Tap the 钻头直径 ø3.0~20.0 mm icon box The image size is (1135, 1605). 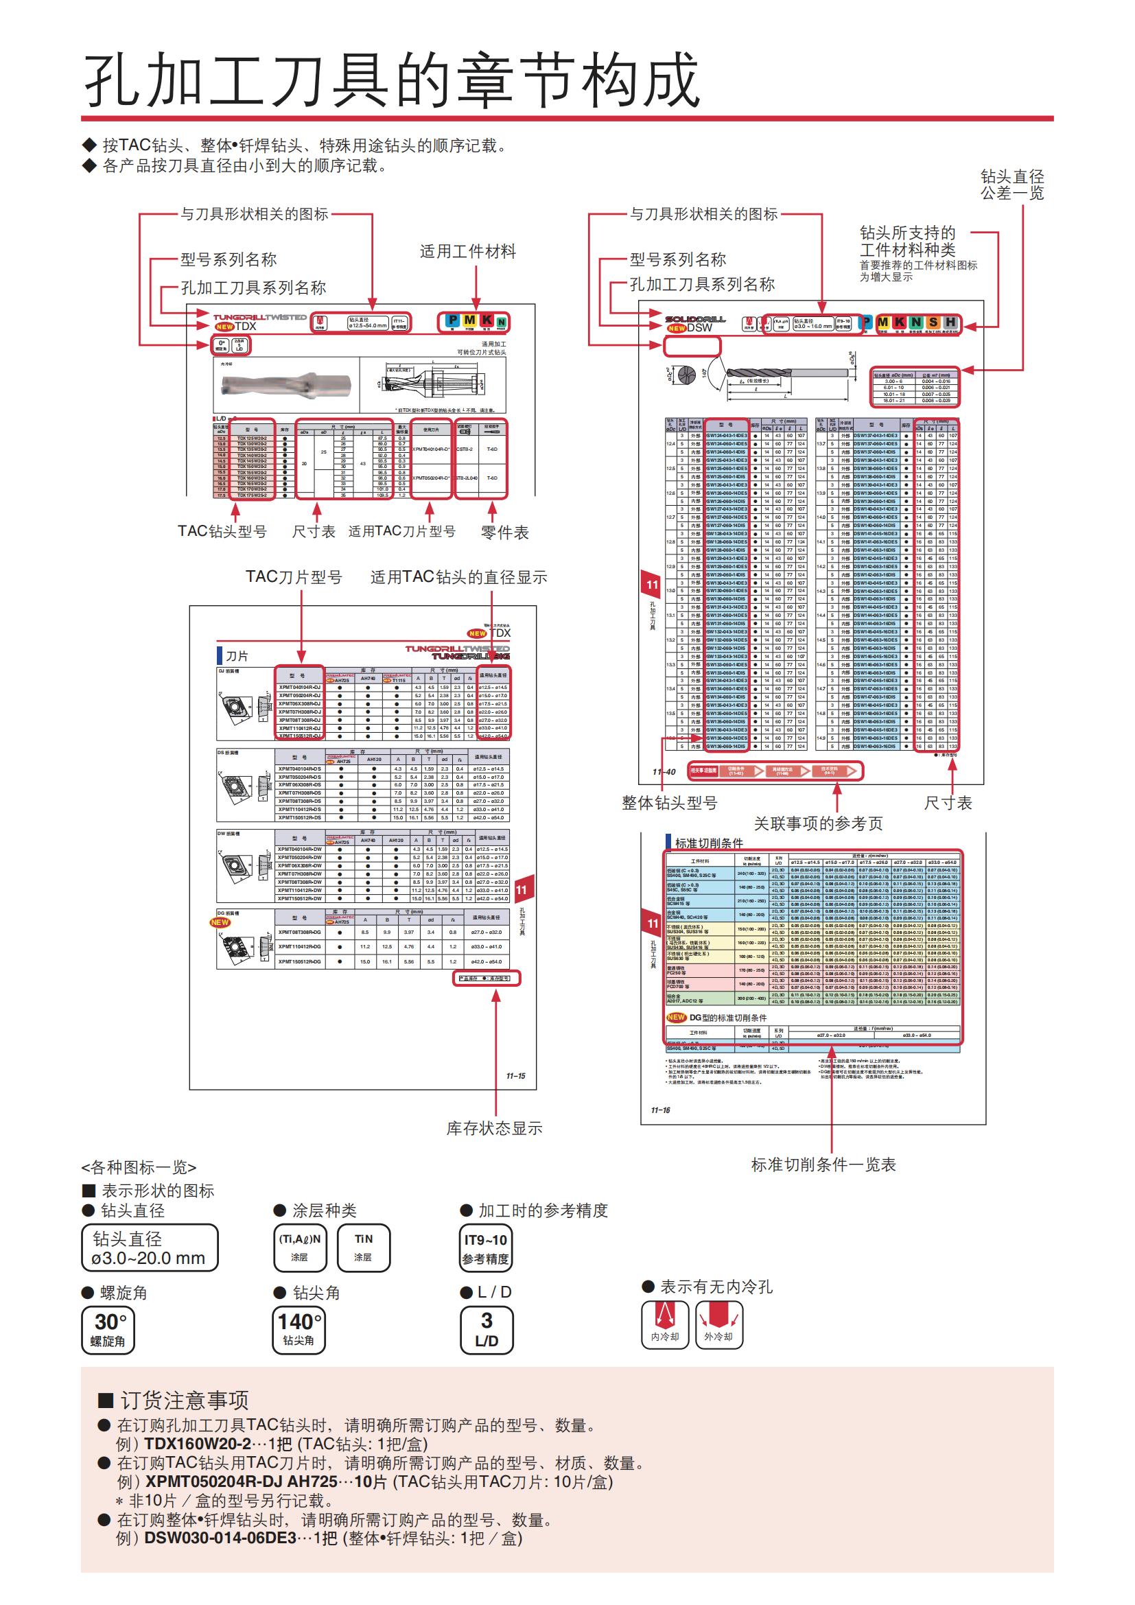150,1247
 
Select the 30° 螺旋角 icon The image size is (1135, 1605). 108,1329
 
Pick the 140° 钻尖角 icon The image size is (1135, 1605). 299,1329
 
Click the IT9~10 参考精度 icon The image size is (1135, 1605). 485,1247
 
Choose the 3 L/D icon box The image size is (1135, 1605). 487,1329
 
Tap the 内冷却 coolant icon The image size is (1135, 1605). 664,1324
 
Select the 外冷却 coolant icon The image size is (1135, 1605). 718,1324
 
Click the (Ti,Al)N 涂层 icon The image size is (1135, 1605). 300,1247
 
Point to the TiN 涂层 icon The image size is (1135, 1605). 364,1247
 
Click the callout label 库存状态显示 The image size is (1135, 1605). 494,1128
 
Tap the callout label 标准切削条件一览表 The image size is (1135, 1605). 823,1164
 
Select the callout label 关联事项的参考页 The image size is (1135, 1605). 818,823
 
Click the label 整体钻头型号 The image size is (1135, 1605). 670,804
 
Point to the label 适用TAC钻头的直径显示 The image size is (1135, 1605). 458,577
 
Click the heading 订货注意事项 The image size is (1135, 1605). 184,1401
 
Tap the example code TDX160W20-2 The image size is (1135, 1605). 197,1444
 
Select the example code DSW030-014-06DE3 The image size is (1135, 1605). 220,1538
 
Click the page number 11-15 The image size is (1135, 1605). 516,1076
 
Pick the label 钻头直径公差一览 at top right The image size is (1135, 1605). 1012,185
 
